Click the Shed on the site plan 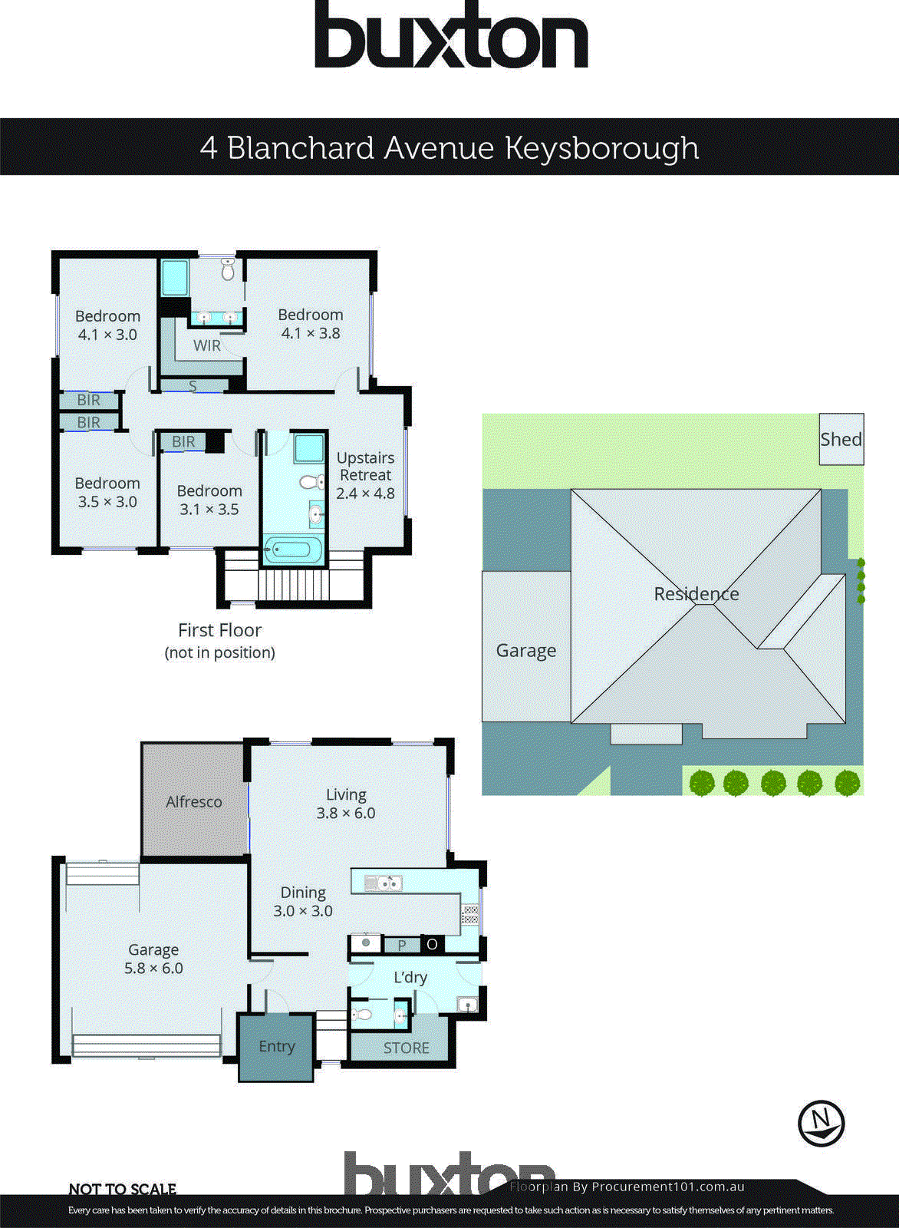pyautogui.click(x=841, y=439)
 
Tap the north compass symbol pyautogui.click(x=821, y=1124)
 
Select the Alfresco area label pyautogui.click(x=193, y=801)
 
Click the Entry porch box pyautogui.click(x=276, y=1047)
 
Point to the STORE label pyautogui.click(x=406, y=1048)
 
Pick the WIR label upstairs pyautogui.click(x=206, y=345)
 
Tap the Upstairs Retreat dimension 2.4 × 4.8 pyautogui.click(x=365, y=494)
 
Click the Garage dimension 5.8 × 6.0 pyautogui.click(x=153, y=969)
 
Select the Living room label pyautogui.click(x=346, y=795)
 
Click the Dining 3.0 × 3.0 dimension pyautogui.click(x=303, y=911)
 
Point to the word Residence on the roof pyautogui.click(x=696, y=593)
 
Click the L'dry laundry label pyautogui.click(x=410, y=977)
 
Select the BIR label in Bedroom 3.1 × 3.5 pyautogui.click(x=183, y=441)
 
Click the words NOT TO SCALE pyautogui.click(x=123, y=1189)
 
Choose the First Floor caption pyautogui.click(x=219, y=630)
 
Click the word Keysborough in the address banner pyautogui.click(x=601, y=147)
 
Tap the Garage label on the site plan pyautogui.click(x=525, y=650)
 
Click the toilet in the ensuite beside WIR pyautogui.click(x=228, y=269)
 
